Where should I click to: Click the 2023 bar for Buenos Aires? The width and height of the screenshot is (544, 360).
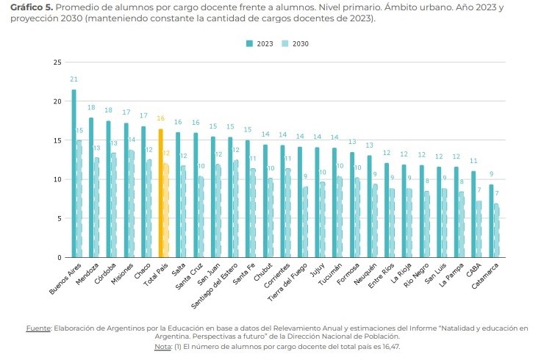(74, 173)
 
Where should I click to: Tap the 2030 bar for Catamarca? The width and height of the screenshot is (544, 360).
(495, 231)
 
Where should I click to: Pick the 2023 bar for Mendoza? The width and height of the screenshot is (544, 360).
(91, 187)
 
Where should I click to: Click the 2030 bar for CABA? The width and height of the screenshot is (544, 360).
(478, 229)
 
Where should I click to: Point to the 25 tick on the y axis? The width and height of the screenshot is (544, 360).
(57, 62)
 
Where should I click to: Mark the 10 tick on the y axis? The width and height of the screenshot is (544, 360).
(57, 179)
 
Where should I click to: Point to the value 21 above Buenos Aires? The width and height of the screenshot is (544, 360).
(74, 79)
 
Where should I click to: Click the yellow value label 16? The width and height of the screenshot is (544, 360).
(160, 118)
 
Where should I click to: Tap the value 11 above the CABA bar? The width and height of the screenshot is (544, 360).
(474, 161)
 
